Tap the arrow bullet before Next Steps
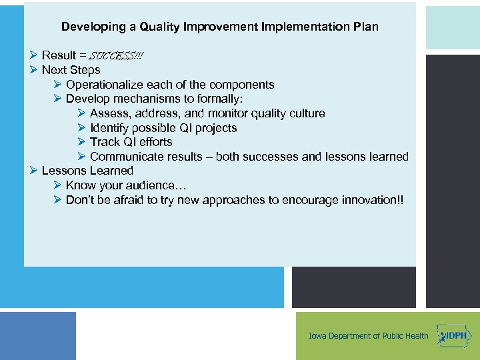point(34,70)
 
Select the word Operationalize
point(103,85)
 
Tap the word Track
point(105,142)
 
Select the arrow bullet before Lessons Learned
point(34,171)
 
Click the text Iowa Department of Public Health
point(369,336)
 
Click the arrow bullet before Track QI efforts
point(82,142)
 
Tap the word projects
point(216,128)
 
